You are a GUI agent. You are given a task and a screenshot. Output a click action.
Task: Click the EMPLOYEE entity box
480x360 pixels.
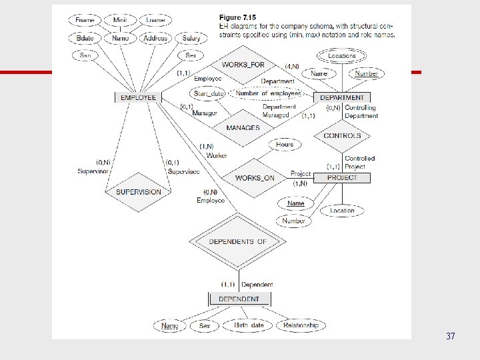pyautogui.click(x=138, y=97)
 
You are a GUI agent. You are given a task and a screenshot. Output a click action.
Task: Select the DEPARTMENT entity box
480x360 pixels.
pyautogui.click(x=342, y=97)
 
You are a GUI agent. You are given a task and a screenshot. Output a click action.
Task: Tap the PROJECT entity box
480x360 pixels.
pyautogui.click(x=342, y=177)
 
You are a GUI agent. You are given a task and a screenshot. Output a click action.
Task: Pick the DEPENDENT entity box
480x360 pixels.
pyautogui.click(x=239, y=299)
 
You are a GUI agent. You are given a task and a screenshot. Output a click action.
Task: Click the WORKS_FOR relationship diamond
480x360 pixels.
pyautogui.click(x=243, y=65)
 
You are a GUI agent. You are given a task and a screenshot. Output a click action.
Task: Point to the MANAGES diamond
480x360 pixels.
pyautogui.click(x=243, y=128)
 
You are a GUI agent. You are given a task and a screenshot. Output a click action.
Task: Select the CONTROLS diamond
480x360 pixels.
pyautogui.click(x=342, y=135)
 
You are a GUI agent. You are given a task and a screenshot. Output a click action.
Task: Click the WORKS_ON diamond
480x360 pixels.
pyautogui.click(x=255, y=178)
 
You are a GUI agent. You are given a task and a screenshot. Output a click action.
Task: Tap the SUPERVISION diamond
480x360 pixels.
pyautogui.click(x=139, y=192)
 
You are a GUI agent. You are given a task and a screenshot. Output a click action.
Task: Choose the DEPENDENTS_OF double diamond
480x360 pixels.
pyautogui.click(x=238, y=241)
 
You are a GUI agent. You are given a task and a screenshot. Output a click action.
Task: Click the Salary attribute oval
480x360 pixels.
pyautogui.click(x=191, y=39)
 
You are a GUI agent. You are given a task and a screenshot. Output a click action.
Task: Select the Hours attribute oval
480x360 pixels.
pyautogui.click(x=285, y=144)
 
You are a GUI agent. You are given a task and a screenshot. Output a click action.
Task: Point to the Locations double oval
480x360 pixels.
pyautogui.click(x=342, y=56)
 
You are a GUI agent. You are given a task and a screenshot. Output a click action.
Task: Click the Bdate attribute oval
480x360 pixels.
pyautogui.click(x=85, y=39)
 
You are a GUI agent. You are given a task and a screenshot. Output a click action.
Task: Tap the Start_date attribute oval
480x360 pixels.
pyautogui.click(x=209, y=93)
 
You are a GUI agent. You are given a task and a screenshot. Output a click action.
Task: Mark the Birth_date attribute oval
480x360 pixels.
pyautogui.click(x=248, y=325)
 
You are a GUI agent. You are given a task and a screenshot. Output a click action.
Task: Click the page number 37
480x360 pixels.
pyautogui.click(x=451, y=337)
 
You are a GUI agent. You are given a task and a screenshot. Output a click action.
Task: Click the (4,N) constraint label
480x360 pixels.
pyautogui.click(x=292, y=66)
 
